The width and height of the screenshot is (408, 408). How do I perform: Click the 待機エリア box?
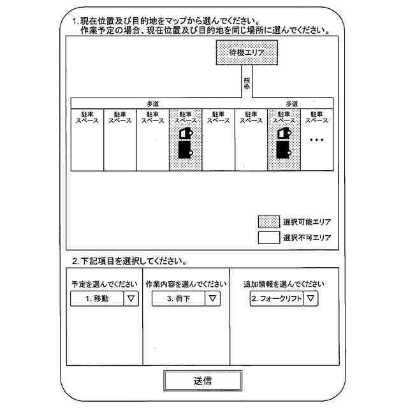[245, 53]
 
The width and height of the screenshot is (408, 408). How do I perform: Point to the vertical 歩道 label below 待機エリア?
[245, 83]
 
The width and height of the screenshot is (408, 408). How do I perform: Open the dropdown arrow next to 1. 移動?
[131, 298]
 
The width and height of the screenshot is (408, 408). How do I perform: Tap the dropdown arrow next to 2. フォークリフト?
[310, 298]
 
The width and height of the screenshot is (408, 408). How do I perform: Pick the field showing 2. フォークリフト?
[276, 298]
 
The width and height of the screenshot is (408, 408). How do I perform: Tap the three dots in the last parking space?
[317, 140]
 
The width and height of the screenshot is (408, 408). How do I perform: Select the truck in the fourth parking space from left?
[186, 143]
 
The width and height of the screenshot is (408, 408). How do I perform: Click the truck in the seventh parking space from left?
[284, 143]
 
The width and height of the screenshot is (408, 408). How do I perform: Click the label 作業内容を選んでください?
[186, 284]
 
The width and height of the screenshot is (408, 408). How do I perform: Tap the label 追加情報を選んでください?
[284, 284]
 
